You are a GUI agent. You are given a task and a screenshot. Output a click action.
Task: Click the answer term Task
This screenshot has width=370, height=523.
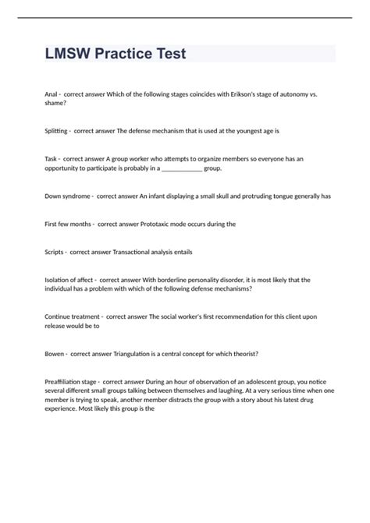53,158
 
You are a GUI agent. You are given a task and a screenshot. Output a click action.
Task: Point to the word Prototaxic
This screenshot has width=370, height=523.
157,224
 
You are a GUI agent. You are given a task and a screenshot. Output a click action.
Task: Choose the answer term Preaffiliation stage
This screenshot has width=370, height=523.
73,382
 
